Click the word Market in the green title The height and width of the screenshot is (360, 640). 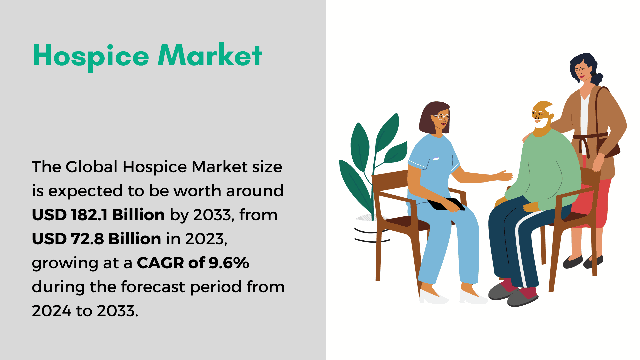pos(210,55)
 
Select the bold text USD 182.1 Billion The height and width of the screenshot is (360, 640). pos(98,215)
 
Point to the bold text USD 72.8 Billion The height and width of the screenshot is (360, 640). pos(97,239)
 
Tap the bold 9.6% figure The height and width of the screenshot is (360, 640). pos(229,263)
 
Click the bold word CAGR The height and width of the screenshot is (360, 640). pos(160,263)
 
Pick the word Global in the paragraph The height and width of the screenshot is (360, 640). pos(92,167)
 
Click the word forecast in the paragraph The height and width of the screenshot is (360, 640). pos(153,287)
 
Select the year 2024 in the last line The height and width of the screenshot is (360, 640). pos(52,311)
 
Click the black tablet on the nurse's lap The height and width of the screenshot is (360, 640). pos(446,204)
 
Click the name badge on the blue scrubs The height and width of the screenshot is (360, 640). pos(436,159)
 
